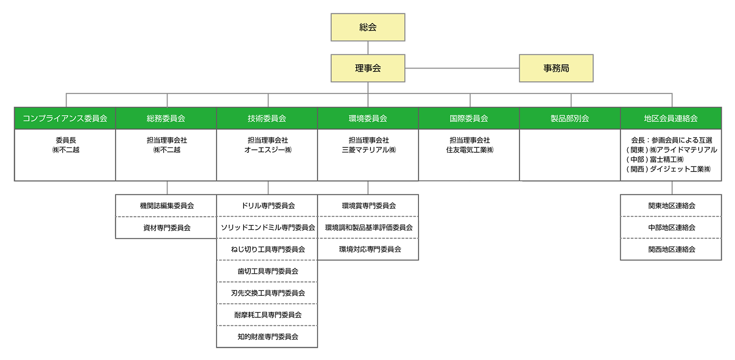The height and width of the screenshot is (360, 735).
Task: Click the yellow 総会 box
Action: pyautogui.click(x=368, y=27)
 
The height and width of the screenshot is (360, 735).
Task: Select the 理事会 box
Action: pyautogui.click(x=368, y=68)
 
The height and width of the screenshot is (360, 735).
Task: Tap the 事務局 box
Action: pyautogui.click(x=556, y=68)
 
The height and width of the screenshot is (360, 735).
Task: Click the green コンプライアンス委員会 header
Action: pyautogui.click(x=65, y=119)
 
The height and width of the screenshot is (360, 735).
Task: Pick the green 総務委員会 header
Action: pyautogui.click(x=166, y=119)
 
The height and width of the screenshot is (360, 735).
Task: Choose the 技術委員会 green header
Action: pyautogui.click(x=267, y=119)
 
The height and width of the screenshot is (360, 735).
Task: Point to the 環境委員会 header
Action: pyautogui.click(x=368, y=119)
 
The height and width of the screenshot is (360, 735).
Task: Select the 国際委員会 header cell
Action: pyautogui.click(x=469, y=119)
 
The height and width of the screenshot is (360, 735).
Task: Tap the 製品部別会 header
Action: pyautogui.click(x=570, y=119)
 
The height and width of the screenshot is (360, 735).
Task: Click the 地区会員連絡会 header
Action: pyautogui.click(x=671, y=119)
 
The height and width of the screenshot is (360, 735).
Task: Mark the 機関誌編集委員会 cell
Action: pyautogui.click(x=166, y=206)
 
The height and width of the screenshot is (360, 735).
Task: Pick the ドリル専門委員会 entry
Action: pyautogui.click(x=267, y=206)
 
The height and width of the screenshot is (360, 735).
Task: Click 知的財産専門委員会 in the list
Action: pyautogui.click(x=267, y=336)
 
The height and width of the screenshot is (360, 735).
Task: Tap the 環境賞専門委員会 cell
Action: pyautogui.click(x=368, y=206)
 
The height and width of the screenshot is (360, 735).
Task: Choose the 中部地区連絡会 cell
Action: pyautogui.click(x=671, y=228)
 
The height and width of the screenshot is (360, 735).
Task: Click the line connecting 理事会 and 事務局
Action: pyautogui.click(x=462, y=68)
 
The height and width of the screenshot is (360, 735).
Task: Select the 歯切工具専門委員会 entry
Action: pyautogui.click(x=267, y=271)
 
